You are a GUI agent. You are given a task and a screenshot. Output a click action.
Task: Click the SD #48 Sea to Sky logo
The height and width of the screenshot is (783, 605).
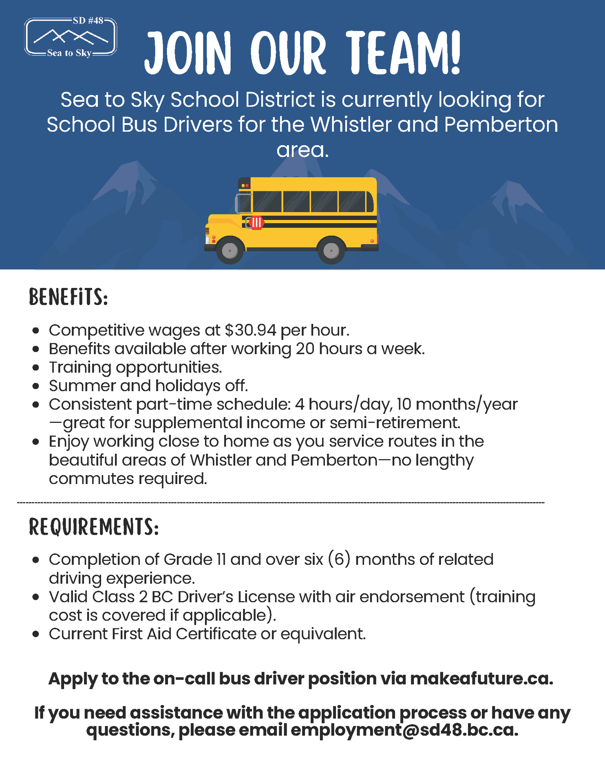coord(71,37)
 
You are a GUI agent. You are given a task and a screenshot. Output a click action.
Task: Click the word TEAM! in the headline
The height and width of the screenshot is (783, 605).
coord(404,53)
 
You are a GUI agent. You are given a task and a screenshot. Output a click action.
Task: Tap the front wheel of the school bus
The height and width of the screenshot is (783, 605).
coord(230,250)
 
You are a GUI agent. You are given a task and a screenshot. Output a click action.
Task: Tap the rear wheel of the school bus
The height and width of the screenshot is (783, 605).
coord(331,250)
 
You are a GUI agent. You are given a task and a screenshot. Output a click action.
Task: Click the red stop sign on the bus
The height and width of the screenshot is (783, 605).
coord(256,223)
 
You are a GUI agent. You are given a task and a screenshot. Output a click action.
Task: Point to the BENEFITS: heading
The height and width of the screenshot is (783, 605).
coord(68,297)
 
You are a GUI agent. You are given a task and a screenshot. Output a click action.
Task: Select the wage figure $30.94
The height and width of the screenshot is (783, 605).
coord(250,330)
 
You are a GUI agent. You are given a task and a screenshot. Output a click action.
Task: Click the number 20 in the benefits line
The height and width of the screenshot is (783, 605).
coord(305,349)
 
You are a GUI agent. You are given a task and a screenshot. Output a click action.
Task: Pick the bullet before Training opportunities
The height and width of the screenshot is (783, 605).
coord(36,368)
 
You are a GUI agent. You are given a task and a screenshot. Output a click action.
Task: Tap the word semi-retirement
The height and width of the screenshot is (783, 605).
coord(395,423)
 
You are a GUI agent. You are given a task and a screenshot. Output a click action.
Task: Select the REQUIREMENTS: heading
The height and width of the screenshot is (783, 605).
coord(94,527)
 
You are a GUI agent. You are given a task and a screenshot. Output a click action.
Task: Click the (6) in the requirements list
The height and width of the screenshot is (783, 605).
coord(339,560)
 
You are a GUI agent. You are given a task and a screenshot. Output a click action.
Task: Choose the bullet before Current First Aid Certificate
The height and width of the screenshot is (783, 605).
coord(36,635)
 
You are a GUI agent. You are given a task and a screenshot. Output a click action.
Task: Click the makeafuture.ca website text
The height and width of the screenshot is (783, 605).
coord(481,679)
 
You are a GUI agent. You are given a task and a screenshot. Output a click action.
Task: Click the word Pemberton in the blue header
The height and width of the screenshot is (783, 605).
coord(501,124)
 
